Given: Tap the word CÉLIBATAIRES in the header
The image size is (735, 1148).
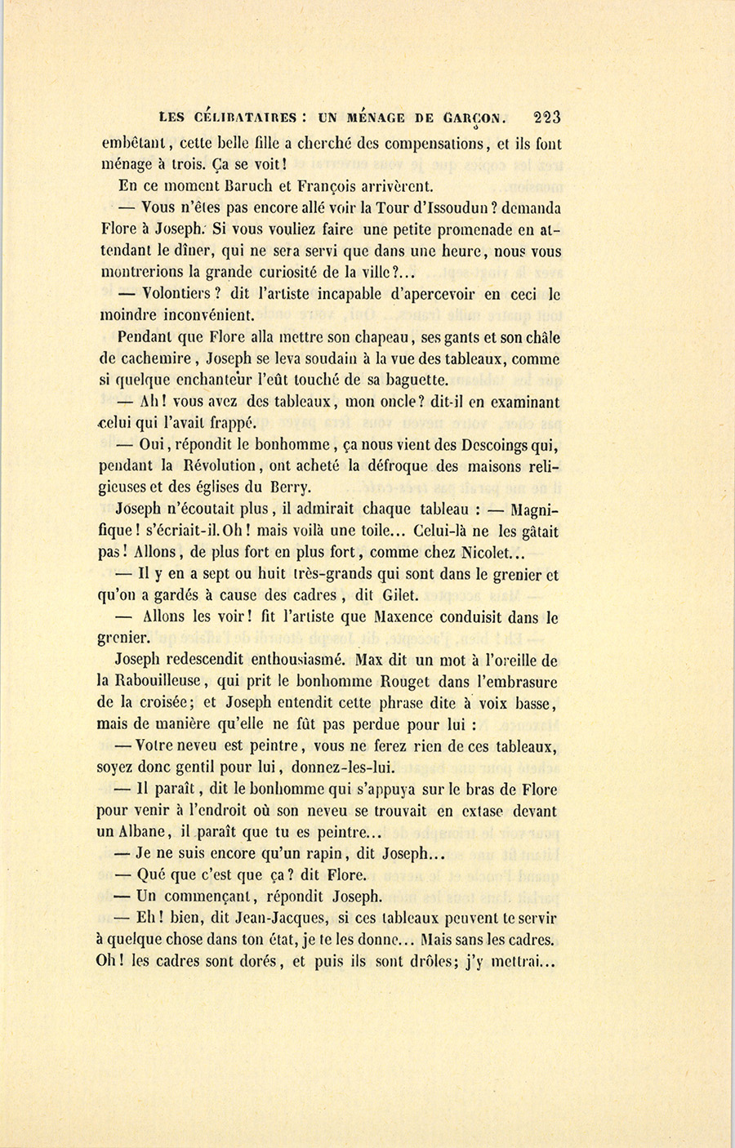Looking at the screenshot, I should pos(243,118).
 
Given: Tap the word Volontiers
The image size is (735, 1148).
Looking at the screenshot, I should pos(177,295).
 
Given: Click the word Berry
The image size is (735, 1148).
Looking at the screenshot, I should pos(287,488).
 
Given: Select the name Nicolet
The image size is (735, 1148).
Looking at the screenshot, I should pos(498,554).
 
